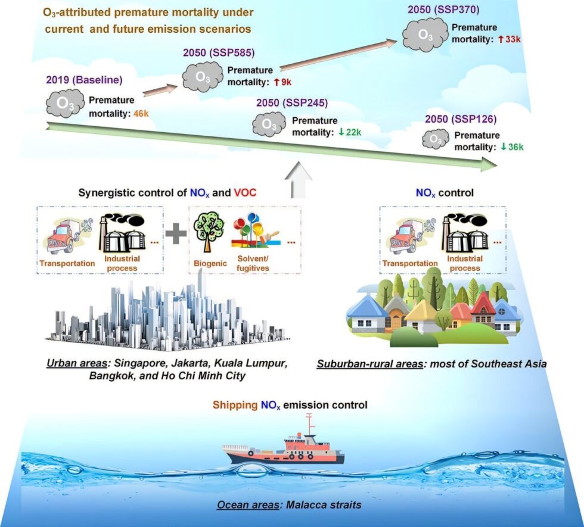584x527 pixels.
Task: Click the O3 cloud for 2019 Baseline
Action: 65,103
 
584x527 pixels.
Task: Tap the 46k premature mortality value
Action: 141,113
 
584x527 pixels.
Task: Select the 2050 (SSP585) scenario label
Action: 219,53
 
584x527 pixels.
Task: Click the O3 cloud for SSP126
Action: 436,139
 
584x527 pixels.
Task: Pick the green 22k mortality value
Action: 350,132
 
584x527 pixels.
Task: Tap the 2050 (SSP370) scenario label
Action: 443,10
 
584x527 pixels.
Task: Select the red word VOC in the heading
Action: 245,193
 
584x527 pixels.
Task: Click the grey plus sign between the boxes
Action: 176,233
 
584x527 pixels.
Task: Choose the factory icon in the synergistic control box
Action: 122,233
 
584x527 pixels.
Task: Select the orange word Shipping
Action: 235,405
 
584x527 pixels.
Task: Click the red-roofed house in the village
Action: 483,309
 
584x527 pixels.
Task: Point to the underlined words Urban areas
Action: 77,364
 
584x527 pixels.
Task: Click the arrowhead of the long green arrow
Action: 489,164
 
